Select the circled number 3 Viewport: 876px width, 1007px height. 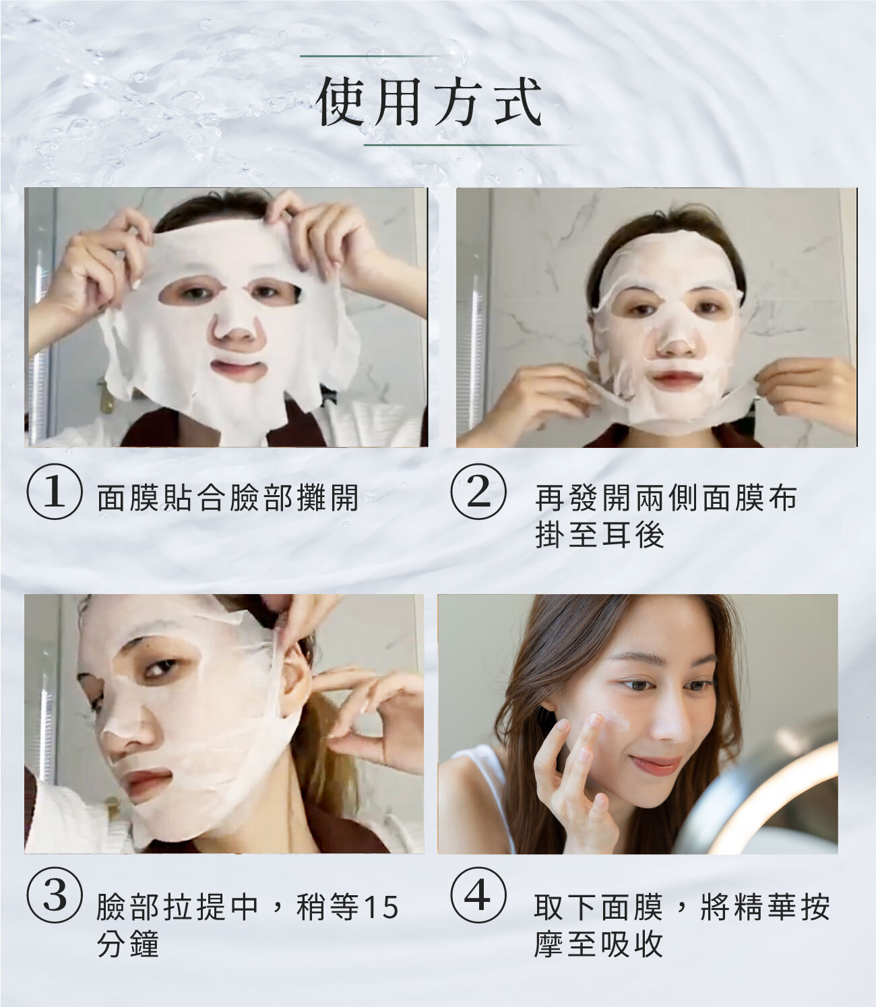tap(54, 896)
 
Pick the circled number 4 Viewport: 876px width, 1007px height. tap(478, 896)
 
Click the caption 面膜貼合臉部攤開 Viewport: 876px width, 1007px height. tap(227, 498)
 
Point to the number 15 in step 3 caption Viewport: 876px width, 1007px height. tap(381, 907)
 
